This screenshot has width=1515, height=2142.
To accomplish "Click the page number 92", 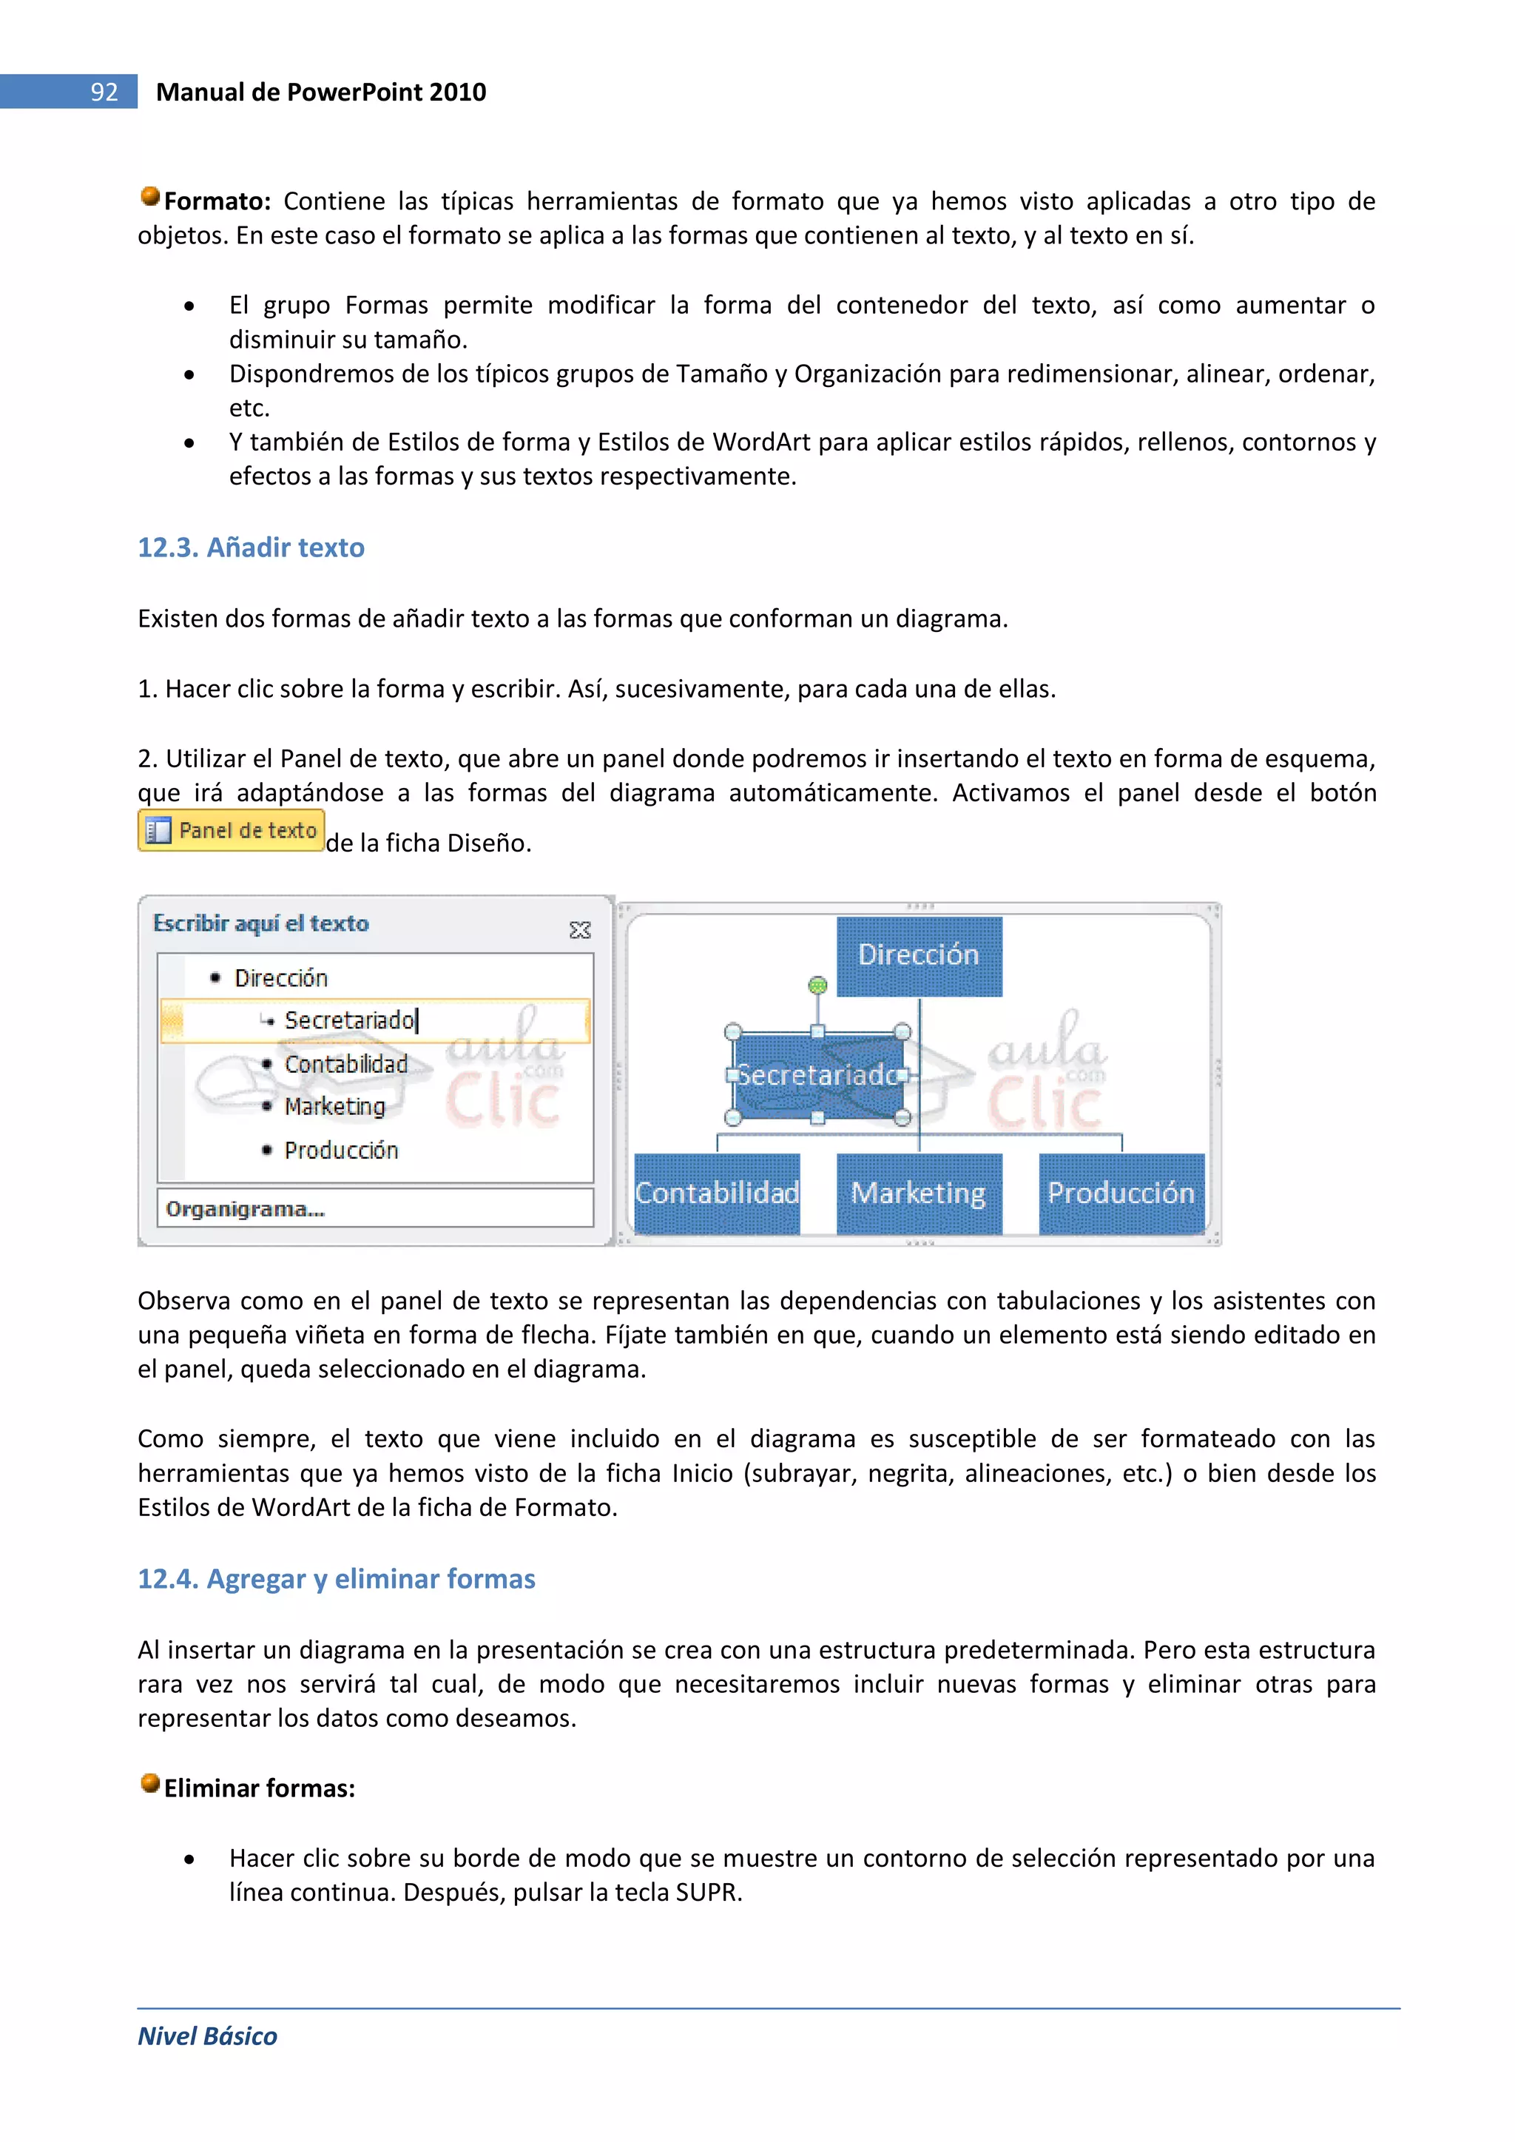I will coord(104,92).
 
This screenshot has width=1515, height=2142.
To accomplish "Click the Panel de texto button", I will coord(232,830).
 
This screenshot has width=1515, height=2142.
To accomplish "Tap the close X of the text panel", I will coord(579,929).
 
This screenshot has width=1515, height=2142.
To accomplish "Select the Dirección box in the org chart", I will coord(919,955).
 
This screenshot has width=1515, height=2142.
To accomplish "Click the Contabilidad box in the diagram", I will coord(717,1193).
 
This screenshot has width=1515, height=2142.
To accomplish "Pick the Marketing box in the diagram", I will coord(919,1193).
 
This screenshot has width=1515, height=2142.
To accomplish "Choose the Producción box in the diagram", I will coord(1121,1193).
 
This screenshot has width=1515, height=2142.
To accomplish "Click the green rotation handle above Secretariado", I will coord(817,985).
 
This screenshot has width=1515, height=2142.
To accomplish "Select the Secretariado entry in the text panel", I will coord(349,1020).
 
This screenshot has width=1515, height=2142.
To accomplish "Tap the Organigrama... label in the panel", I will coord(246,1209).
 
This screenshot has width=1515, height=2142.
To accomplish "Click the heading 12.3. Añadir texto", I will coord(251,548).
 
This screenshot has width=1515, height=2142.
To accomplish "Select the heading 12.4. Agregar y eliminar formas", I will coord(336,1578).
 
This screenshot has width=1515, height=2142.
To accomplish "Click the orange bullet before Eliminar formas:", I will coord(150,1784).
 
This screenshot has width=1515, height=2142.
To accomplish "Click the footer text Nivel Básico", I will coord(207,2035).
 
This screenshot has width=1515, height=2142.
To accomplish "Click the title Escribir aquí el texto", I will coord(260,923).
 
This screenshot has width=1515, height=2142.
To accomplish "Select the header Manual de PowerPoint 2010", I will coord(321,92).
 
